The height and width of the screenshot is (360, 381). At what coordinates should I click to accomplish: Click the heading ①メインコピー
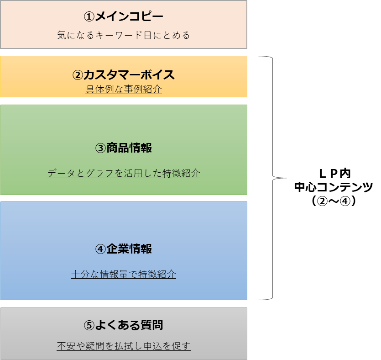coord(124,16)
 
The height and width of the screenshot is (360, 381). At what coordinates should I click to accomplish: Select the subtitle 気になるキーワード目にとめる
coord(124,35)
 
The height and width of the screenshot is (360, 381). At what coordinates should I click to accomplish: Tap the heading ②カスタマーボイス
coord(124,74)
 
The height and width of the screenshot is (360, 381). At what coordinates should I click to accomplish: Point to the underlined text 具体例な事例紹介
coord(124,89)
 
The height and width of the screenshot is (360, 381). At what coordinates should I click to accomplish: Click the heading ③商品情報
coord(124,148)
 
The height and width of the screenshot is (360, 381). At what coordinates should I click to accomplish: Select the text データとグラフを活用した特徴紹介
coord(124,173)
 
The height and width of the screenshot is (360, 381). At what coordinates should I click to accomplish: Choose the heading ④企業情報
coord(124,249)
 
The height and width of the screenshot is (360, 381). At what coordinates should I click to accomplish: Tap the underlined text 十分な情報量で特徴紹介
coord(124,274)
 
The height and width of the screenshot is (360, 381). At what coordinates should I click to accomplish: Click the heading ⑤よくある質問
coord(124,325)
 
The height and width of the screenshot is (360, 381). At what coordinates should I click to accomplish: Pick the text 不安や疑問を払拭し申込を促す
coord(124,346)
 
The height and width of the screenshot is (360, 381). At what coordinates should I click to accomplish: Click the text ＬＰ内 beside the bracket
coord(335,174)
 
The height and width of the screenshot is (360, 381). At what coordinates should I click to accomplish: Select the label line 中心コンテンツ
coord(334,187)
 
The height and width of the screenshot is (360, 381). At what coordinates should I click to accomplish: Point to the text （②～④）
coord(334,201)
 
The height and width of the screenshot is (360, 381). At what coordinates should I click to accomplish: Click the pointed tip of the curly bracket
coord(287,178)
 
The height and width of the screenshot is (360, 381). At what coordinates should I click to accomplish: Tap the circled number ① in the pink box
coord(89,17)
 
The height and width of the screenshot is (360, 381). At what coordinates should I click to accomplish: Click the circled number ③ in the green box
coord(100,148)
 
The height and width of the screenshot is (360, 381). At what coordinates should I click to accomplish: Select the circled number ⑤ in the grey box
coord(89,325)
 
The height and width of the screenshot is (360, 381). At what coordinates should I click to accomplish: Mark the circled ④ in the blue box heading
coord(100,249)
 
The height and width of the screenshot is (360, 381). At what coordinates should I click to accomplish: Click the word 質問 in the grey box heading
coord(152,325)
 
